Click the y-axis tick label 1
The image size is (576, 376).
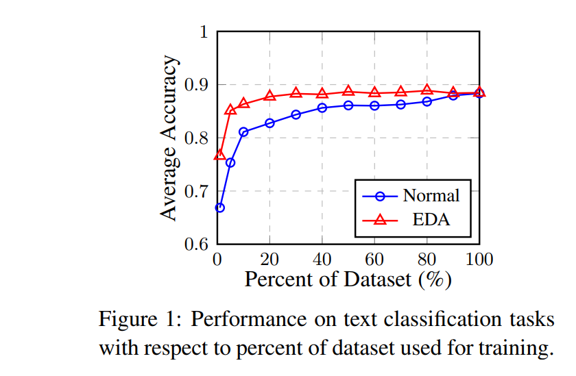pos(204,32)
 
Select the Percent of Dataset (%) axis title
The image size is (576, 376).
pos(348,279)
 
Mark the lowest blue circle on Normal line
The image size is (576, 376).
pos(219,208)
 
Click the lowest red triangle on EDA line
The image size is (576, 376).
pos(219,155)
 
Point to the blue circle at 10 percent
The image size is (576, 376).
pos(243,132)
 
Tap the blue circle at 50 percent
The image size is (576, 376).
pos(348,105)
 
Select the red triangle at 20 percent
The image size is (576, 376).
pos(269,95)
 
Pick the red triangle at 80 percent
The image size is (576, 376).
pos(427,90)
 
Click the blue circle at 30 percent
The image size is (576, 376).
pos(296,114)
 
